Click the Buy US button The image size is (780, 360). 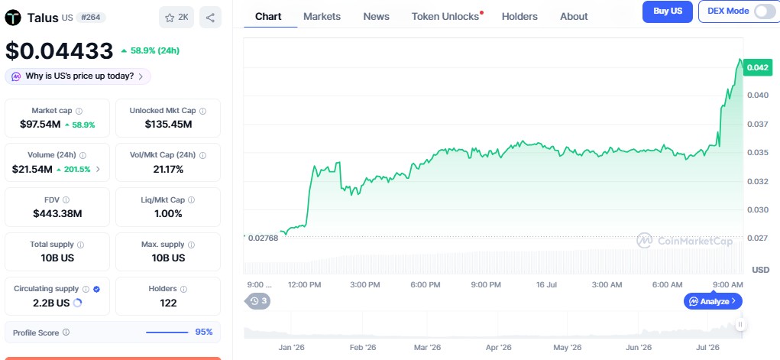click(x=668, y=11)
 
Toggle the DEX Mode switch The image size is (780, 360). click(x=764, y=11)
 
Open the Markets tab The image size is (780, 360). click(x=322, y=16)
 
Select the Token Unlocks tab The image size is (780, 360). click(x=445, y=16)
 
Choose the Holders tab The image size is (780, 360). click(x=519, y=16)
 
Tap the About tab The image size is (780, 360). click(x=574, y=16)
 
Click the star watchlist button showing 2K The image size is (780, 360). click(x=176, y=18)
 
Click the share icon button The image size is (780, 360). click(x=210, y=18)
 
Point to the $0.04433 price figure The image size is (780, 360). click(x=59, y=50)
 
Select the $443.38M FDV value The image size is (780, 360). click(x=57, y=213)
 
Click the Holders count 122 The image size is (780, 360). click(x=168, y=303)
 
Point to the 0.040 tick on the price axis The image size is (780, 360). click(x=758, y=95)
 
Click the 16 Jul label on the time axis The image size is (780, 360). click(x=547, y=285)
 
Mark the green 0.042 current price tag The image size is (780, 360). click(x=758, y=67)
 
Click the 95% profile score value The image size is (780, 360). click(x=204, y=332)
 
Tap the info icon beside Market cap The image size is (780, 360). click(x=79, y=111)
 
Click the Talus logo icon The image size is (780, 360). click(x=13, y=18)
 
